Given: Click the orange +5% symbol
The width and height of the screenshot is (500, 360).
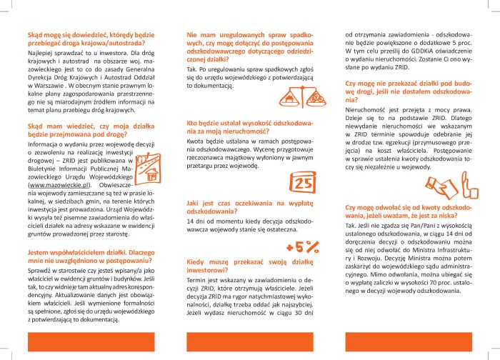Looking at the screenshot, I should pos(303,247).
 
